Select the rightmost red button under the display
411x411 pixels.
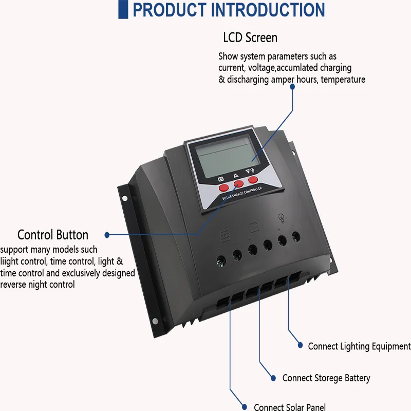253,179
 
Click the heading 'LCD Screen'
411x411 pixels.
250,38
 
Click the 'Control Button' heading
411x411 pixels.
53,235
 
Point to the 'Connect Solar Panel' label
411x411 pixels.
290,407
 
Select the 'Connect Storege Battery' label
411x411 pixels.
326,378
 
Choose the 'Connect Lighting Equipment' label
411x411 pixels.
359,346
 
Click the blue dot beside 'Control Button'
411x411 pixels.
107,235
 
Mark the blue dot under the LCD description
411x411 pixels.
293,87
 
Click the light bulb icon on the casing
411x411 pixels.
281,217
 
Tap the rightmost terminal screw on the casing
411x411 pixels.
296,237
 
